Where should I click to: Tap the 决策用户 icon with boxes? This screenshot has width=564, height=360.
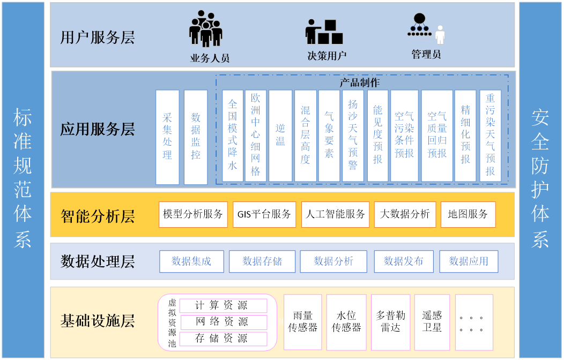(324, 32)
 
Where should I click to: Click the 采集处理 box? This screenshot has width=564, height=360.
(167, 137)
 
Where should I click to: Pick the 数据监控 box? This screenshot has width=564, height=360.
(196, 137)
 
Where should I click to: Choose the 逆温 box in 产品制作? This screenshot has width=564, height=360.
(280, 136)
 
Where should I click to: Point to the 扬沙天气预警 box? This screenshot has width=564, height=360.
(353, 136)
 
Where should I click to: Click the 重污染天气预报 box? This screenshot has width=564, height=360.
(490, 136)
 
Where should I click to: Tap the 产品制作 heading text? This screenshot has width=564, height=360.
(359, 82)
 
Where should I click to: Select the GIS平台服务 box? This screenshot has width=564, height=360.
(264, 214)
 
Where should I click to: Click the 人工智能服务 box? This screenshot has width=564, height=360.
(335, 214)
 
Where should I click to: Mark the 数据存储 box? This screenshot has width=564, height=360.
(262, 261)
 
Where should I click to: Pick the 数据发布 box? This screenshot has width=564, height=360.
(404, 261)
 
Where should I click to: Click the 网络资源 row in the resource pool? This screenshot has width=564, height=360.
(222, 322)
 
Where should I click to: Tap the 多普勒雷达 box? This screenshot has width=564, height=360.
(390, 321)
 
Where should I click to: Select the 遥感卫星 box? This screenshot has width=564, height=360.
(432, 321)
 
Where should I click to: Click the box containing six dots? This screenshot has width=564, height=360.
(474, 321)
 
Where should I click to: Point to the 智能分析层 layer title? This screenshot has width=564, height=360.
(98, 216)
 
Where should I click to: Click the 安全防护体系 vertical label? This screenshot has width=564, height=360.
(540, 179)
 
